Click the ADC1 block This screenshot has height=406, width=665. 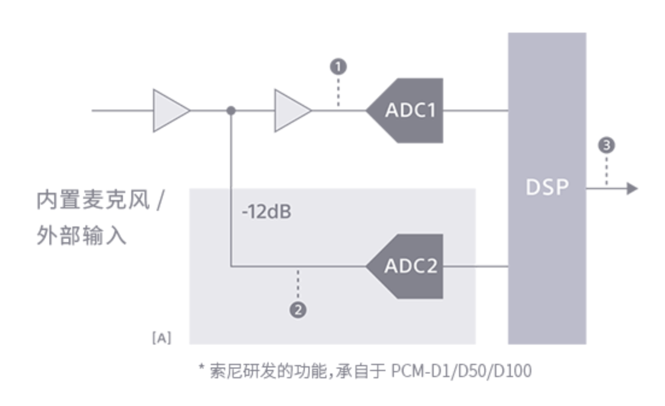(409, 111)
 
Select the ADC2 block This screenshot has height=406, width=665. (409, 266)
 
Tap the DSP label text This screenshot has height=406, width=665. (547, 187)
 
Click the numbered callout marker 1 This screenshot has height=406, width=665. (339, 66)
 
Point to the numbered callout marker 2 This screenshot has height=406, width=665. (298, 310)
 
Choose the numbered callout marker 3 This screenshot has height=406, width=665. (607, 145)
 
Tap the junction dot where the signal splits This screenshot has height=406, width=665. (231, 111)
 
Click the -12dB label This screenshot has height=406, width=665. (266, 212)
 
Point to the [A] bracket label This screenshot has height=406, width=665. (161, 338)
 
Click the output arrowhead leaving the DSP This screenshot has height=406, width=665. (631, 189)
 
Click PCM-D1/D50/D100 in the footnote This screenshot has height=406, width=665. (461, 371)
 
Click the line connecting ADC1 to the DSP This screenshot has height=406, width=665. (475, 111)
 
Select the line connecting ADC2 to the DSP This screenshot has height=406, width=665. (475, 266)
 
